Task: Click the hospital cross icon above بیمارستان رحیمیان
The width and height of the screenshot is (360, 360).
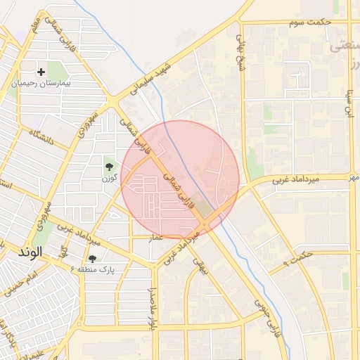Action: (41, 72)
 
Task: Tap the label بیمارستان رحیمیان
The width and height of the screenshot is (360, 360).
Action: (41, 83)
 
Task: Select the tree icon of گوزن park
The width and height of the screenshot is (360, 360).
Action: (109, 167)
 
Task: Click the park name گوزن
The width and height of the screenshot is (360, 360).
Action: (109, 179)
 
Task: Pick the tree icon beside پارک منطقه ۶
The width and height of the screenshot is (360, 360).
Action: (92, 259)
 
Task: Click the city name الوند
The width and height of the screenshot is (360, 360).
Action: (31, 251)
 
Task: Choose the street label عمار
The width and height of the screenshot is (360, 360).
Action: (156, 238)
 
